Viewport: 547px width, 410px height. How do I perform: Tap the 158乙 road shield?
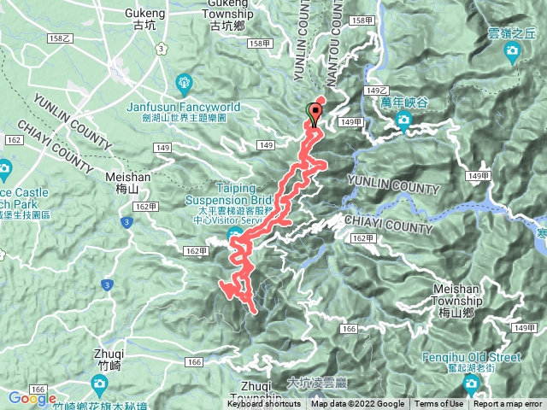click(59, 38)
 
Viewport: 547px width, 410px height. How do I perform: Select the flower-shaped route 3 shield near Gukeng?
click(161, 49)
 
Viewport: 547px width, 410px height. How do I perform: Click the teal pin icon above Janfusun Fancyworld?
click(183, 83)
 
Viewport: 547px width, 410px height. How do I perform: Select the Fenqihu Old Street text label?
click(472, 356)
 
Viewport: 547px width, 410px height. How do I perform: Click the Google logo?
click(32, 398)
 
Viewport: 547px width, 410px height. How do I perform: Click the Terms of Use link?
click(439, 404)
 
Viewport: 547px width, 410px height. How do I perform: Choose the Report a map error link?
click(508, 404)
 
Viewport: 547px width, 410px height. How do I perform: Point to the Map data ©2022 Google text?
click(358, 404)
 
